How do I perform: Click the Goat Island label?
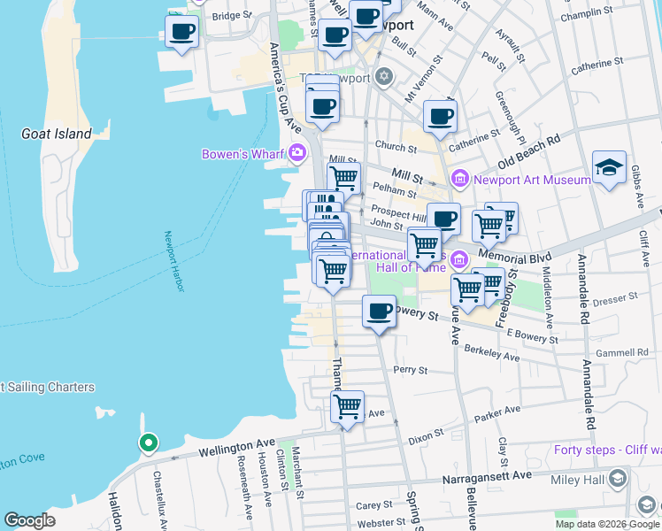point(56,134)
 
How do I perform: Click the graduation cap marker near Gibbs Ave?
point(609,168)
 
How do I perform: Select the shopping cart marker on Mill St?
point(343,178)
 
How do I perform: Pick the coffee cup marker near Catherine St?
point(440,117)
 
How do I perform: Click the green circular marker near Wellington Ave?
point(149,442)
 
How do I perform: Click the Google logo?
point(30,520)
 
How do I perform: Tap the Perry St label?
point(411,369)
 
